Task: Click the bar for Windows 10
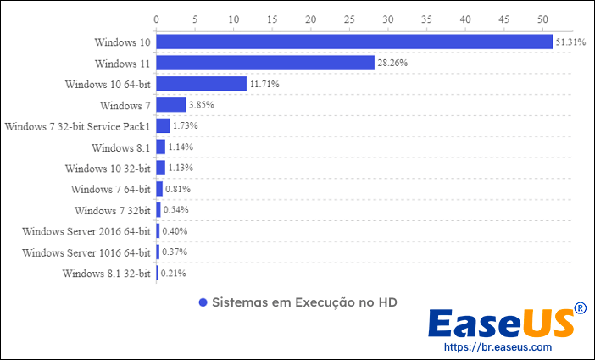point(354,42)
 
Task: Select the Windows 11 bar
point(265,63)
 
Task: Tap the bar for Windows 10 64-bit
point(202,84)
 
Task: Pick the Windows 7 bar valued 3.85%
point(171,105)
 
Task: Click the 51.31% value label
point(570,42)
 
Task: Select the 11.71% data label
point(264,84)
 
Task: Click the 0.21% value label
point(174,274)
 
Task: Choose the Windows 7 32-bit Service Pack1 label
point(77,126)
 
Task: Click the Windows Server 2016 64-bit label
point(86,231)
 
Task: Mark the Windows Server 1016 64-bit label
point(86,252)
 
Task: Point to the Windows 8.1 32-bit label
point(107,274)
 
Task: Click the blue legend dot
point(203,302)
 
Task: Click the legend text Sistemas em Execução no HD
point(304,302)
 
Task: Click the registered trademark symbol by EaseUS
point(580,308)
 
